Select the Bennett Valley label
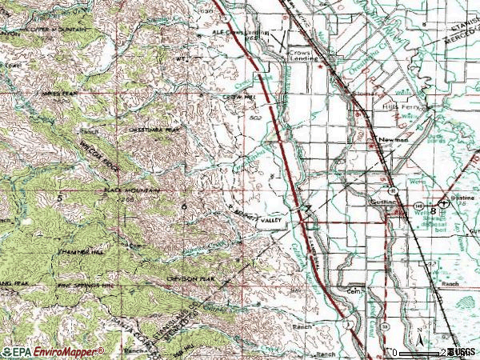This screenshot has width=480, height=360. click(254, 216)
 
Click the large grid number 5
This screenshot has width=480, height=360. click(59, 195)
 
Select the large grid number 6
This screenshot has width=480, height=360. click(184, 206)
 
